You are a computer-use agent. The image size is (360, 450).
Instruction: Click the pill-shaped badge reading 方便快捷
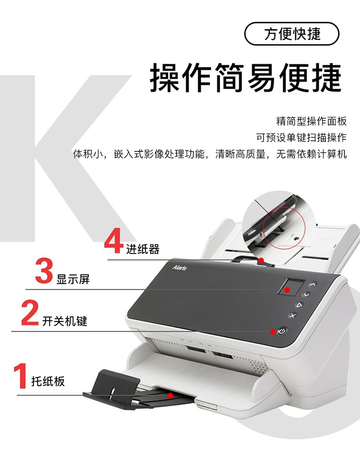coord(292,34)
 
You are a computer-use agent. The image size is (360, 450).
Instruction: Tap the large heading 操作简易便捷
coord(246,77)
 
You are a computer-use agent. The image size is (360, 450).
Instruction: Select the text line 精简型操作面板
coord(311,121)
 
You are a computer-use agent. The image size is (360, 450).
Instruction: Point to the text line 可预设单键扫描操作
coord(301,137)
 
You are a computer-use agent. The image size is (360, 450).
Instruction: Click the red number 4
coord(114,241)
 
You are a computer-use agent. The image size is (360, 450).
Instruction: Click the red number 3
coord(44,271)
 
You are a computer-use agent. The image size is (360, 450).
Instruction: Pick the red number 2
coord(30,313)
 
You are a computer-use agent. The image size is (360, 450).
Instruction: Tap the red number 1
coord(21,376)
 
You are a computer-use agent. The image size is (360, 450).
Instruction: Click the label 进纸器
coord(143,249)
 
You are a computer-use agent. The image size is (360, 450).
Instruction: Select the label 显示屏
coord(73,279)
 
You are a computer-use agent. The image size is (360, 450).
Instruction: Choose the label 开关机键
coord(64,321)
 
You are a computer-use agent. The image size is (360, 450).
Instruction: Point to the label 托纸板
coord(48,381)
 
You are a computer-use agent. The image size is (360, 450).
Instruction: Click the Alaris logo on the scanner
coord(180,268)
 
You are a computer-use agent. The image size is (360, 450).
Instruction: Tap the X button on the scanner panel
coord(292,316)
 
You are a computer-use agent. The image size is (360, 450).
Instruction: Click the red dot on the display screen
coord(287,290)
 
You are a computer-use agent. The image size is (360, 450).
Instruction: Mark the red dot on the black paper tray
coord(170,396)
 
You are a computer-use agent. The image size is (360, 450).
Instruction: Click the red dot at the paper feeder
coord(261,260)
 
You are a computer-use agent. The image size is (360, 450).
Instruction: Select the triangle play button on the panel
coord(299,305)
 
